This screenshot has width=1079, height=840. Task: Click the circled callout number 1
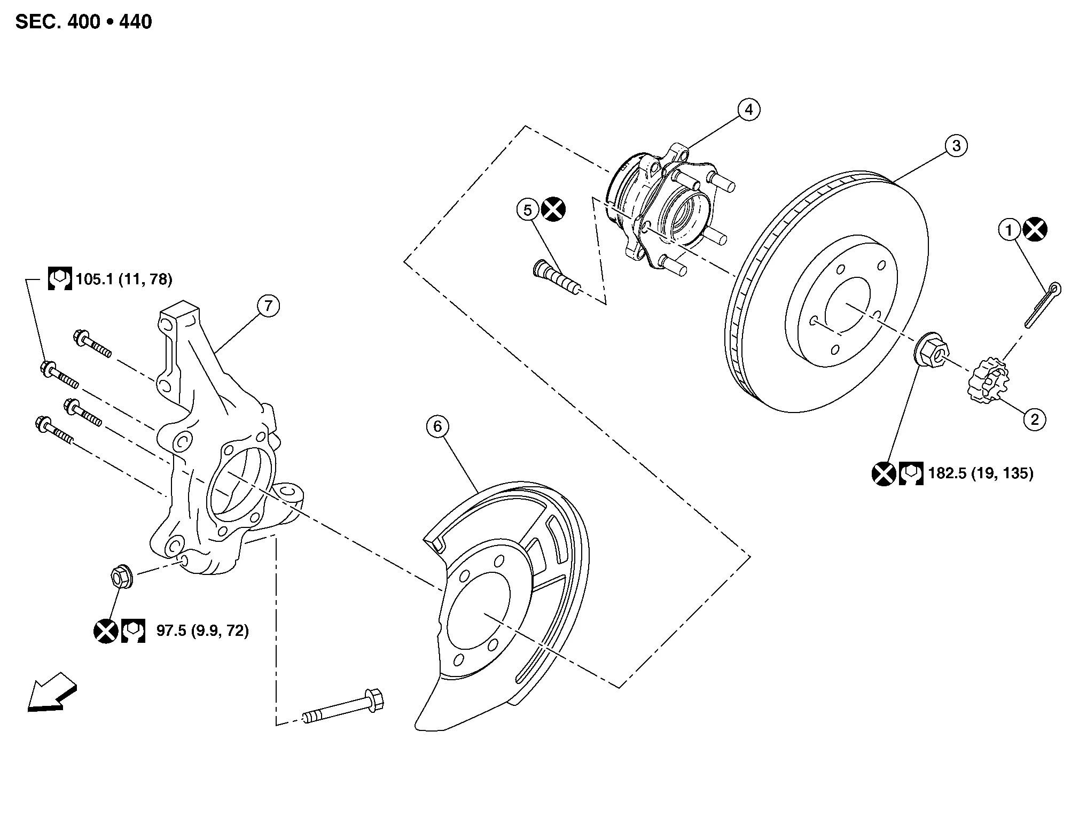[x=1009, y=230]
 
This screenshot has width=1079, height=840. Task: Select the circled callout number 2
[x=1035, y=419]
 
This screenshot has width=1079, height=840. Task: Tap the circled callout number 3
[x=956, y=145]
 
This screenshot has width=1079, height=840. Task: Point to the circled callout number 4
[x=749, y=110]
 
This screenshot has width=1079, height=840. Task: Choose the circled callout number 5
[x=528, y=210]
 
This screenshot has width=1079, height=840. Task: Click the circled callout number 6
[x=438, y=426]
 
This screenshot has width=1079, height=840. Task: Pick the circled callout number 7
[x=268, y=306]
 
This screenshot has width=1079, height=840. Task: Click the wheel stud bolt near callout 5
[x=557, y=276]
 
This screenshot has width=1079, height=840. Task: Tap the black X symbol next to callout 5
[x=553, y=209]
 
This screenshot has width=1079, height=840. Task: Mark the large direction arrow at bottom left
[x=52, y=691]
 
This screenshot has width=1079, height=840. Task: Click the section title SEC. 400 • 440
[x=84, y=22]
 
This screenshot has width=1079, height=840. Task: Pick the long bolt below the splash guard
[x=344, y=707]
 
